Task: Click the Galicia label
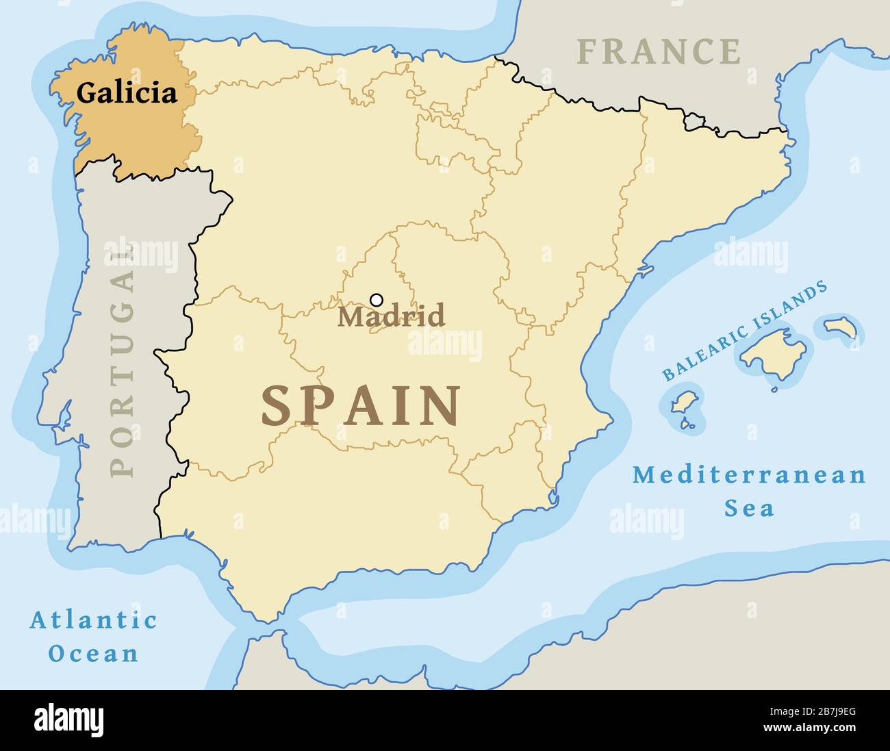point(127,92)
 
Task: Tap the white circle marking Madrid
point(376,300)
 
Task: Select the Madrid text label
point(391,317)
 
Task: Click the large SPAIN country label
point(361,406)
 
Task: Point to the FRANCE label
point(658,52)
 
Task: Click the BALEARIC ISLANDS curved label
point(744,331)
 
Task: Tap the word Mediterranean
point(749,474)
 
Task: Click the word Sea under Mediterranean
point(749,509)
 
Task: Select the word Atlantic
point(94,620)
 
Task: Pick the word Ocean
point(94,654)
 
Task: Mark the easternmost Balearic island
point(841,327)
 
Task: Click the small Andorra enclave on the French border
point(695,123)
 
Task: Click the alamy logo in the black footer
point(68,720)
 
